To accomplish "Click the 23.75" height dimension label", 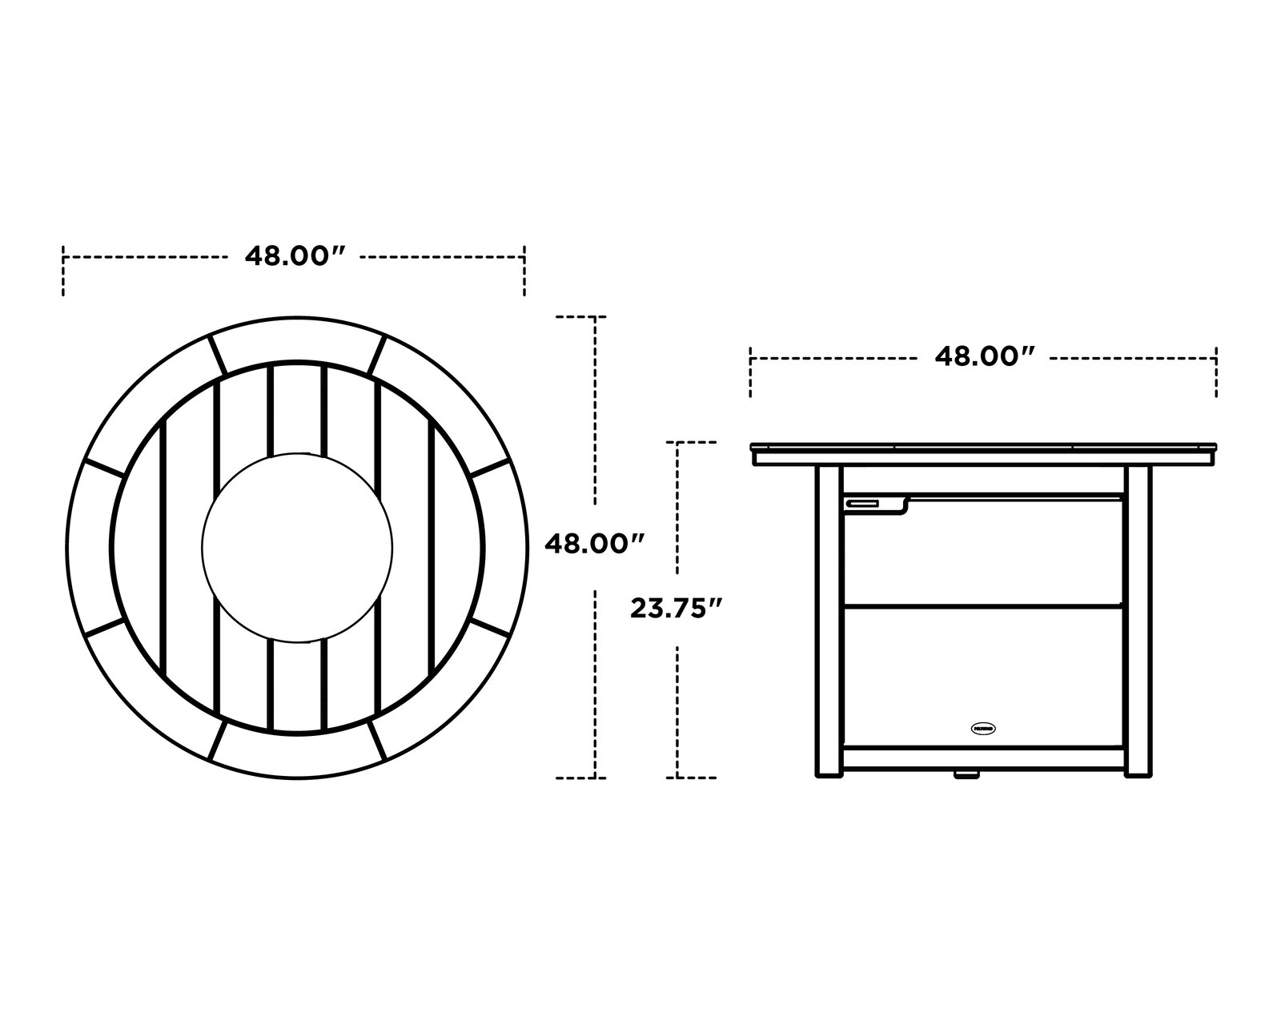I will (x=677, y=609).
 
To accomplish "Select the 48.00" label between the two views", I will (x=594, y=545).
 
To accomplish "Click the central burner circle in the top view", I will (x=297, y=546).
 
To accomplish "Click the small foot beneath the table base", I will (x=966, y=774).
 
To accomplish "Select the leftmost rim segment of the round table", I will (x=88, y=546).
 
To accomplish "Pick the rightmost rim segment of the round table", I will (x=506, y=546).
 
